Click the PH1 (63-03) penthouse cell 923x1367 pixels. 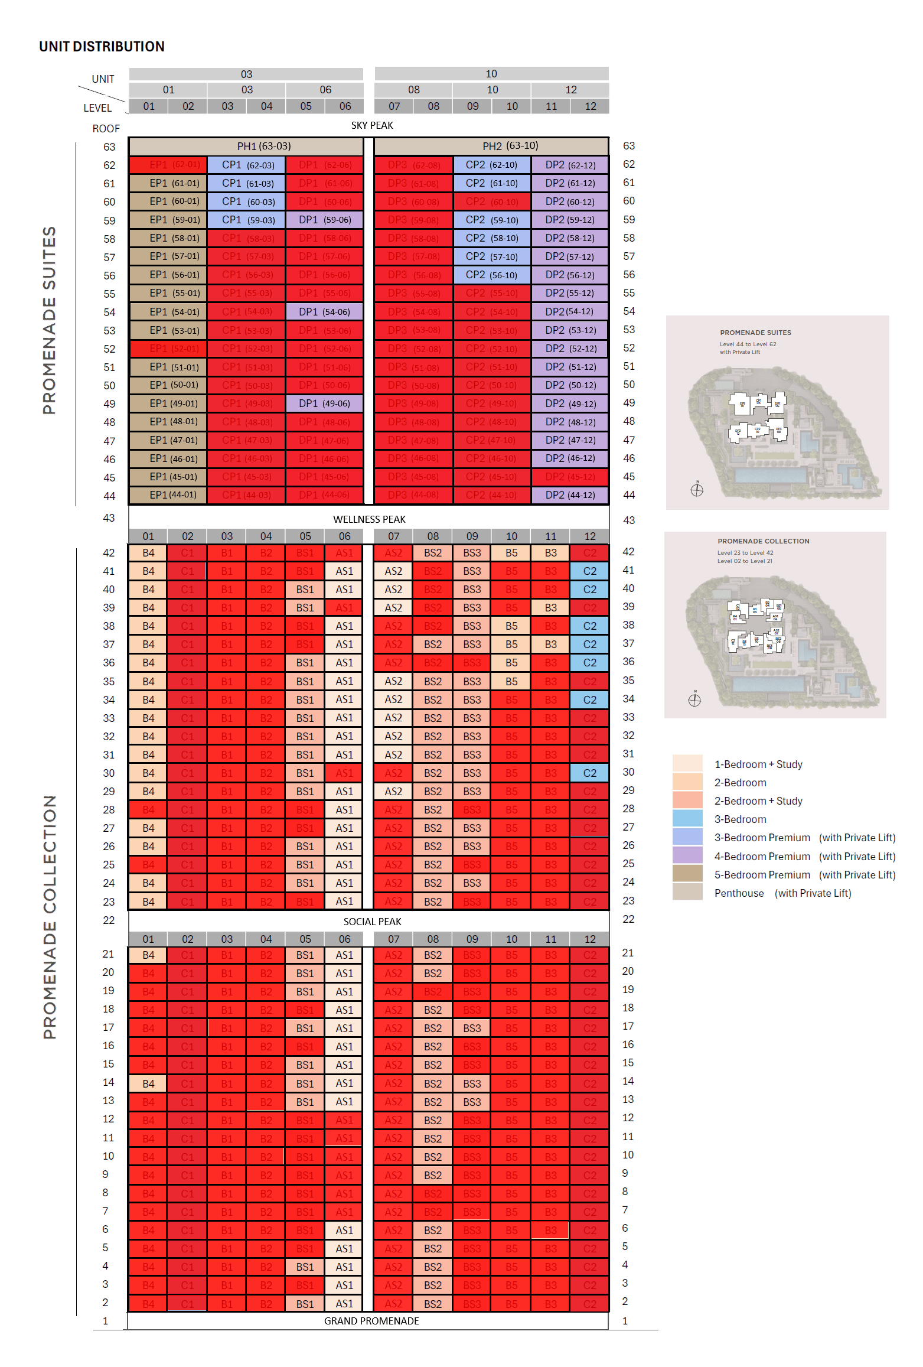246,146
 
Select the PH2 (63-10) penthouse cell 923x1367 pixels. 491,146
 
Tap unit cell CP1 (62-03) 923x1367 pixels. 246,165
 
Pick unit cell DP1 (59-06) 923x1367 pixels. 324,220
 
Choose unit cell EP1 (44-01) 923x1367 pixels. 168,495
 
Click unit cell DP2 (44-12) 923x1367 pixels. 570,495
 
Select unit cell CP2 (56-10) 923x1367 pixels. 491,275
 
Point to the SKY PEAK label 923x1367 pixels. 372,125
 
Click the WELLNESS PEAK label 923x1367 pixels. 369,519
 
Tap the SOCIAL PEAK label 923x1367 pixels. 372,922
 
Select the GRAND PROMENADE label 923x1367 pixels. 371,1321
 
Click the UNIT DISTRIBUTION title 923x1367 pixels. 102,47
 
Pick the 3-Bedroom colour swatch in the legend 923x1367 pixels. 687,819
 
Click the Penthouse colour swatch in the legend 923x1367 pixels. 687,892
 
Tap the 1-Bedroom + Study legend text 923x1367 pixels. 758,764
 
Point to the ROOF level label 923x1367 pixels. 106,129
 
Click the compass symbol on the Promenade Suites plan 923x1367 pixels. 697,489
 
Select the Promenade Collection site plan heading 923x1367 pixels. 763,541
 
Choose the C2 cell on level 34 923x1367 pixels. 589,700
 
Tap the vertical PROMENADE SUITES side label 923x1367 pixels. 50,320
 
